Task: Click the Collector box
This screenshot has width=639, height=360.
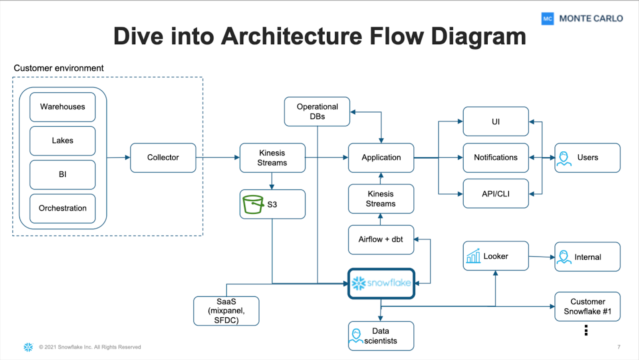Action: tap(163, 158)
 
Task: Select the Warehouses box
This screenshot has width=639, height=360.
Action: tap(62, 107)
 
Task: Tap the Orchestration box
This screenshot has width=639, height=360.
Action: tap(62, 208)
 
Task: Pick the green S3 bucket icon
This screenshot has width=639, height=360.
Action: tap(253, 204)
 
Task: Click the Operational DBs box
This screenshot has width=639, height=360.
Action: tap(317, 111)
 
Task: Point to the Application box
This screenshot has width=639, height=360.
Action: tap(381, 158)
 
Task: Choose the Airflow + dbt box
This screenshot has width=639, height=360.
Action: tap(381, 239)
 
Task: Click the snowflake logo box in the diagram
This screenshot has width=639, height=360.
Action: tap(381, 283)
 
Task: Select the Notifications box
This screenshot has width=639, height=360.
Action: tap(496, 158)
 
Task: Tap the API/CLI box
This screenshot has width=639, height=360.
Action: tap(496, 194)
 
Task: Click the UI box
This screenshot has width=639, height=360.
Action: tap(496, 121)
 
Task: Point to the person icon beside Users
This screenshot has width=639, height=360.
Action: tap(564, 158)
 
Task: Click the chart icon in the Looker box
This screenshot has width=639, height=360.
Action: tap(473, 256)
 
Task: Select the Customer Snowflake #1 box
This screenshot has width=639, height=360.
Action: tap(587, 306)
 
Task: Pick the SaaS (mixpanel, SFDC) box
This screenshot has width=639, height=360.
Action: tap(226, 311)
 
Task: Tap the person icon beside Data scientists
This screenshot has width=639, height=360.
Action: tap(356, 336)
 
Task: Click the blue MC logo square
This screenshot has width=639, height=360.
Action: tap(548, 19)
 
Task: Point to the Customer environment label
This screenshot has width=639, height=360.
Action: tap(59, 68)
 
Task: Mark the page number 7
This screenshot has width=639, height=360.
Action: tap(619, 347)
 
